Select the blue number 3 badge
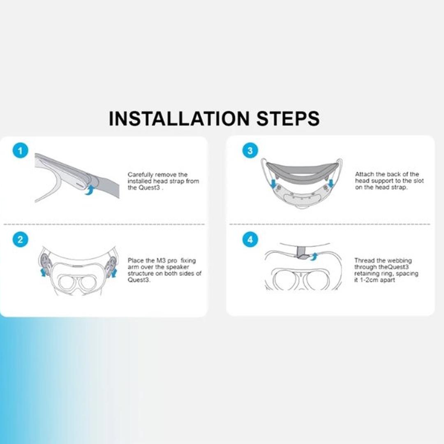[x=250, y=151]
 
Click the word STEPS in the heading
[x=288, y=118]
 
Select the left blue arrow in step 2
[x=43, y=272]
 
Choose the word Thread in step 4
[x=365, y=261]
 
